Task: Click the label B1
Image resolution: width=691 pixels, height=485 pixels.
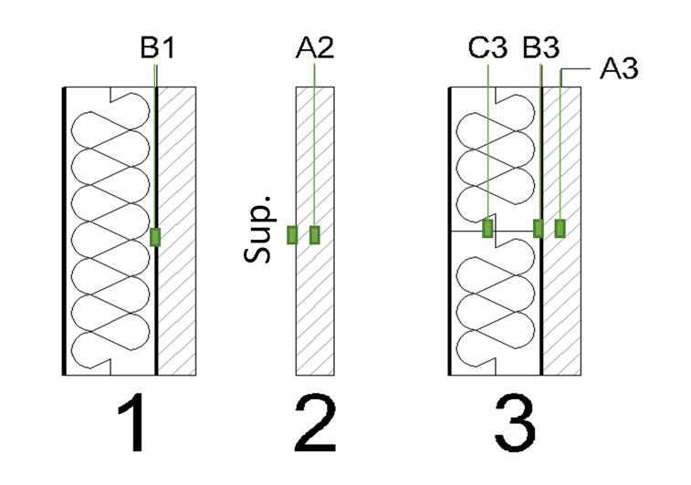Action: [x=156, y=47]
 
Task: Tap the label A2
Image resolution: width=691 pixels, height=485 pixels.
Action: [x=315, y=47]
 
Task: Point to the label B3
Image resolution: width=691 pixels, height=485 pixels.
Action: [x=540, y=47]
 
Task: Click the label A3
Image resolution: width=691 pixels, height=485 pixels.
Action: [x=620, y=68]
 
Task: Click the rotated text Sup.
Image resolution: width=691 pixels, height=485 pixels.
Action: [x=261, y=239]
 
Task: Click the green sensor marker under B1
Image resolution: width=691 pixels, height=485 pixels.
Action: [x=155, y=237]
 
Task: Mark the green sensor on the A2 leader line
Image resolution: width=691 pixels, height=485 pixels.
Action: [x=315, y=235]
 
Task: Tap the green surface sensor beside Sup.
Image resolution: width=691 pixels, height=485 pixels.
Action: [x=292, y=235]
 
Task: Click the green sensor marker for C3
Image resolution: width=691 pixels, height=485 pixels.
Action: [x=488, y=227]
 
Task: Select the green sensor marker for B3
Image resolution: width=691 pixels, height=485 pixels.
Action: [x=539, y=228]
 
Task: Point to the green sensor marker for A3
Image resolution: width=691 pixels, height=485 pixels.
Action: [x=560, y=228]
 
